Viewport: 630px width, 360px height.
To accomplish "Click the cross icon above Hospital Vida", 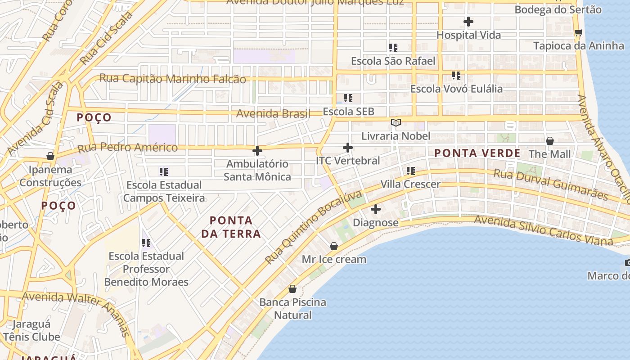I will pyautogui.click(x=468, y=22).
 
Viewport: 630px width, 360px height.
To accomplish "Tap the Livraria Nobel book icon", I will pyautogui.click(x=396, y=122).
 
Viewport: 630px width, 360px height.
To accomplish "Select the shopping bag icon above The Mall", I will pyautogui.click(x=549, y=141).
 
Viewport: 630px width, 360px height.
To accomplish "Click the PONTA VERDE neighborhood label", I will pyautogui.click(x=477, y=153).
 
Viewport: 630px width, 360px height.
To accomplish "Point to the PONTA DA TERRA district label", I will pyautogui.click(x=231, y=227).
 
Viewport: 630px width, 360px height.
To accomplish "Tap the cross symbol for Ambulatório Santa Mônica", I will pyautogui.click(x=257, y=151).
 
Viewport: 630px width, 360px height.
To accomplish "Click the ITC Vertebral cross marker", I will pyautogui.click(x=347, y=148).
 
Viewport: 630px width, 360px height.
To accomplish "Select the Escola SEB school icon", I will pyautogui.click(x=348, y=98).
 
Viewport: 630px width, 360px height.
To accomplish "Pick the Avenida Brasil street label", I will pyautogui.click(x=274, y=113).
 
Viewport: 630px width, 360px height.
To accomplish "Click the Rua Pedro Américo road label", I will pyautogui.click(x=128, y=148).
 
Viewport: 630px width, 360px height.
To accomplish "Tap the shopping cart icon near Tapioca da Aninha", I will pyautogui.click(x=578, y=32).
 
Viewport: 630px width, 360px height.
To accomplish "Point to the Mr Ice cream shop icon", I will pyautogui.click(x=334, y=246).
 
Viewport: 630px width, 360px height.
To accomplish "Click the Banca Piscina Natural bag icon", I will pyautogui.click(x=292, y=289).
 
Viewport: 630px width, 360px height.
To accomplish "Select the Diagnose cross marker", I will pyautogui.click(x=376, y=209).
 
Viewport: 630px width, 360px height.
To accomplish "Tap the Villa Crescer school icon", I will pyautogui.click(x=410, y=171).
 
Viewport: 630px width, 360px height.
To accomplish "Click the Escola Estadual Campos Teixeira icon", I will pyautogui.click(x=164, y=171).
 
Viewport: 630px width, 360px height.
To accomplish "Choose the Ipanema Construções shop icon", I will pyautogui.click(x=50, y=156).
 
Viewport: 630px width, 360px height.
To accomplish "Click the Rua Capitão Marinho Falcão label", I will pyautogui.click(x=172, y=79).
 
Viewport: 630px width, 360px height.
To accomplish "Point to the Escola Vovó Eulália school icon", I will pyautogui.click(x=456, y=76).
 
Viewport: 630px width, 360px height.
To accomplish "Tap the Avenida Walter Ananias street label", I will pyautogui.click(x=76, y=313).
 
